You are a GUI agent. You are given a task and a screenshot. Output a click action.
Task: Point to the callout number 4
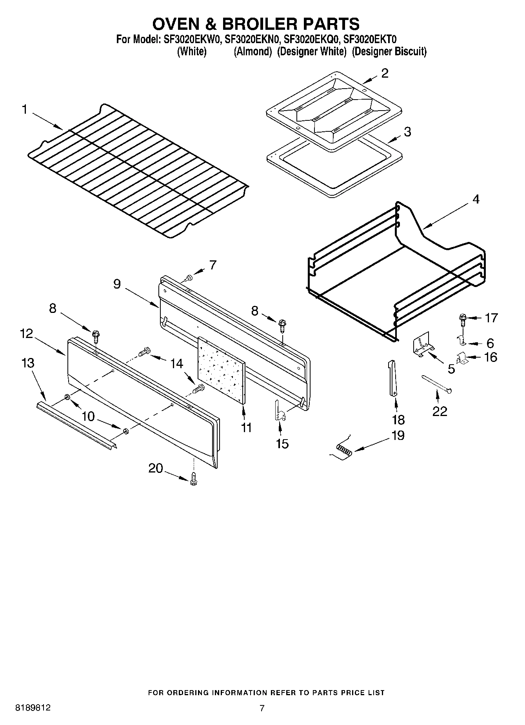point(476,199)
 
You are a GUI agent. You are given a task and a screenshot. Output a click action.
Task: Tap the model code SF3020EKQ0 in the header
point(311,39)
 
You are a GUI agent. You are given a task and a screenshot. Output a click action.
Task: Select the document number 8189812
point(33,708)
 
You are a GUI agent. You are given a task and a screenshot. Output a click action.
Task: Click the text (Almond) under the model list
point(253,51)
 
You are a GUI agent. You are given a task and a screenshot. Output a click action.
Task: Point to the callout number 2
point(385,73)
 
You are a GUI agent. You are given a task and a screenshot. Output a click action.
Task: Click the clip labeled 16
point(461,358)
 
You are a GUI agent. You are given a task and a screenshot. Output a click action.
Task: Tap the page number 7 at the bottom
point(262,708)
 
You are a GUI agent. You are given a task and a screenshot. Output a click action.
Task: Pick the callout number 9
point(117,284)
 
